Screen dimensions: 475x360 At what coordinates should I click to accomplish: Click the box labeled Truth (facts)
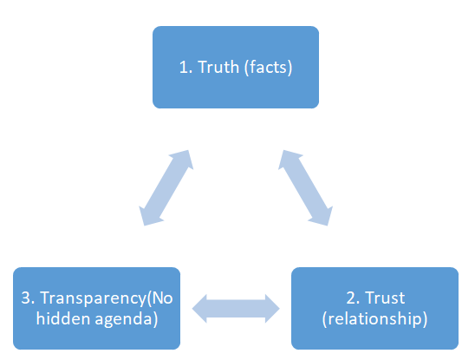click(236, 67)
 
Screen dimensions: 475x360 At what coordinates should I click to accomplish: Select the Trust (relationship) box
click(374, 308)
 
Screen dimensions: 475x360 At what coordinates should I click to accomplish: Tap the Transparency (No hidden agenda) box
click(96, 308)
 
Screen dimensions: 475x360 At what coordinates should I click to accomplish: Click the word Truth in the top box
click(218, 67)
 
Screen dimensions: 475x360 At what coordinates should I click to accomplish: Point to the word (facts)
click(268, 67)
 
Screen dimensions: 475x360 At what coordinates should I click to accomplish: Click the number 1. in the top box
click(185, 67)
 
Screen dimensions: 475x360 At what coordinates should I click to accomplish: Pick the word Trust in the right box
click(385, 298)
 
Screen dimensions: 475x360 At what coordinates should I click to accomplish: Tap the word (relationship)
click(374, 318)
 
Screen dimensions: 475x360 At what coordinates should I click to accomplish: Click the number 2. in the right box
click(353, 298)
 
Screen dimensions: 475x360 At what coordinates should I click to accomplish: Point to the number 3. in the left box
click(28, 298)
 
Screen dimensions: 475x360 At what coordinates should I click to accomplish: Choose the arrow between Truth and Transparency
click(166, 187)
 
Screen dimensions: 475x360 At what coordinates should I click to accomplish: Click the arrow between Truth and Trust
click(305, 187)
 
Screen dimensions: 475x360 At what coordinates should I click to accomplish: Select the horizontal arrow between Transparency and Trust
click(236, 309)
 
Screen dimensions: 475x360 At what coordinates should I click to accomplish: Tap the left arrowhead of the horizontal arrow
click(200, 309)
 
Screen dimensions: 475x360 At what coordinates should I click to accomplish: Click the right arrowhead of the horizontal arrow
click(272, 309)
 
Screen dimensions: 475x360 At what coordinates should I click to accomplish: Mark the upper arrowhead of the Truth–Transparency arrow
click(183, 159)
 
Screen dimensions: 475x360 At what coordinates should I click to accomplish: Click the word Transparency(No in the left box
click(107, 298)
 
